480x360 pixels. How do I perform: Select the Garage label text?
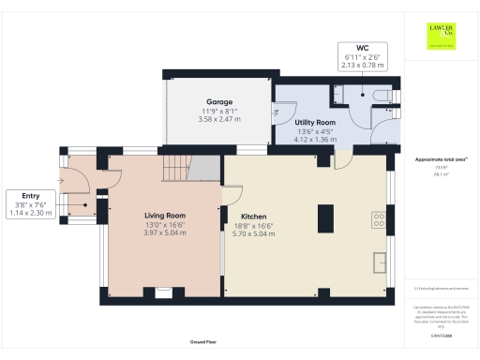click(218, 101)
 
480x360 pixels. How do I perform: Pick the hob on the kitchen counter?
click(380, 221)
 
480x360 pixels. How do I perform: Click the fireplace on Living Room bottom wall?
click(163, 292)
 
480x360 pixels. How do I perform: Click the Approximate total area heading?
click(440, 159)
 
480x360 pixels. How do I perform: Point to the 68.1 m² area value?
click(440, 174)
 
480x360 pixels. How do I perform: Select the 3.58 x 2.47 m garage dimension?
click(218, 120)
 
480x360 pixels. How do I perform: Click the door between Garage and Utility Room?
click(277, 112)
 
